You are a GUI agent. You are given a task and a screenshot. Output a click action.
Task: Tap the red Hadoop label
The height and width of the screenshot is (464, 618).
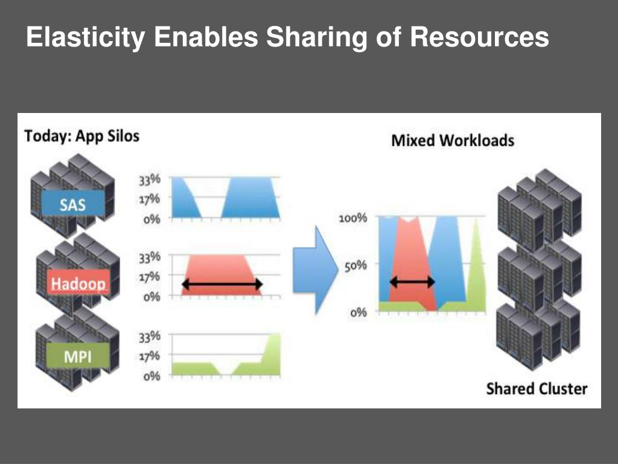tap(78, 283)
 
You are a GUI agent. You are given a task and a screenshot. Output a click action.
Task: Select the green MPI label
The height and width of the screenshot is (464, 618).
tap(78, 357)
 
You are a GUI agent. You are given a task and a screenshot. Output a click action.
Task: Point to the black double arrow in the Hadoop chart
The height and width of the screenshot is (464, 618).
tap(222, 284)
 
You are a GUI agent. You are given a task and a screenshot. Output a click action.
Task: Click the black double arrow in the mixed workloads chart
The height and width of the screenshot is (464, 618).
tap(412, 282)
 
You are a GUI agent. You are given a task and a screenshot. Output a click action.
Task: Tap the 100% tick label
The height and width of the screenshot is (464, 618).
tap(352, 218)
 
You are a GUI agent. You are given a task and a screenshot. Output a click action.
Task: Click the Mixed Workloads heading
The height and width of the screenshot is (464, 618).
tap(453, 141)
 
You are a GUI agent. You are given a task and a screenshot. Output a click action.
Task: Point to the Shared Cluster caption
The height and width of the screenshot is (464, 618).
tap(537, 388)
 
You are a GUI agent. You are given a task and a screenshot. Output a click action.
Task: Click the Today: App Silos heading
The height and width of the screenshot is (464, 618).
tap(81, 135)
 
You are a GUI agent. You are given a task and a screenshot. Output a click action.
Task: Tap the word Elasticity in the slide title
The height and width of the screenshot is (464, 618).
tap(85, 37)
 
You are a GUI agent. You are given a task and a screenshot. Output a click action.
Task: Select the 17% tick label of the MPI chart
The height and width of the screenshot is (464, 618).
tap(150, 356)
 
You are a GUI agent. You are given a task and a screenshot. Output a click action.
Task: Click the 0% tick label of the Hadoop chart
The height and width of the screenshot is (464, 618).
tap(151, 297)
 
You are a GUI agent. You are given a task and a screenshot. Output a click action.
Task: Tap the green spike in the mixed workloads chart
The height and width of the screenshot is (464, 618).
tap(476, 266)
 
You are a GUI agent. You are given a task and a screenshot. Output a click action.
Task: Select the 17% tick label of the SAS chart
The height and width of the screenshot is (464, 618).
tap(150, 199)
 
